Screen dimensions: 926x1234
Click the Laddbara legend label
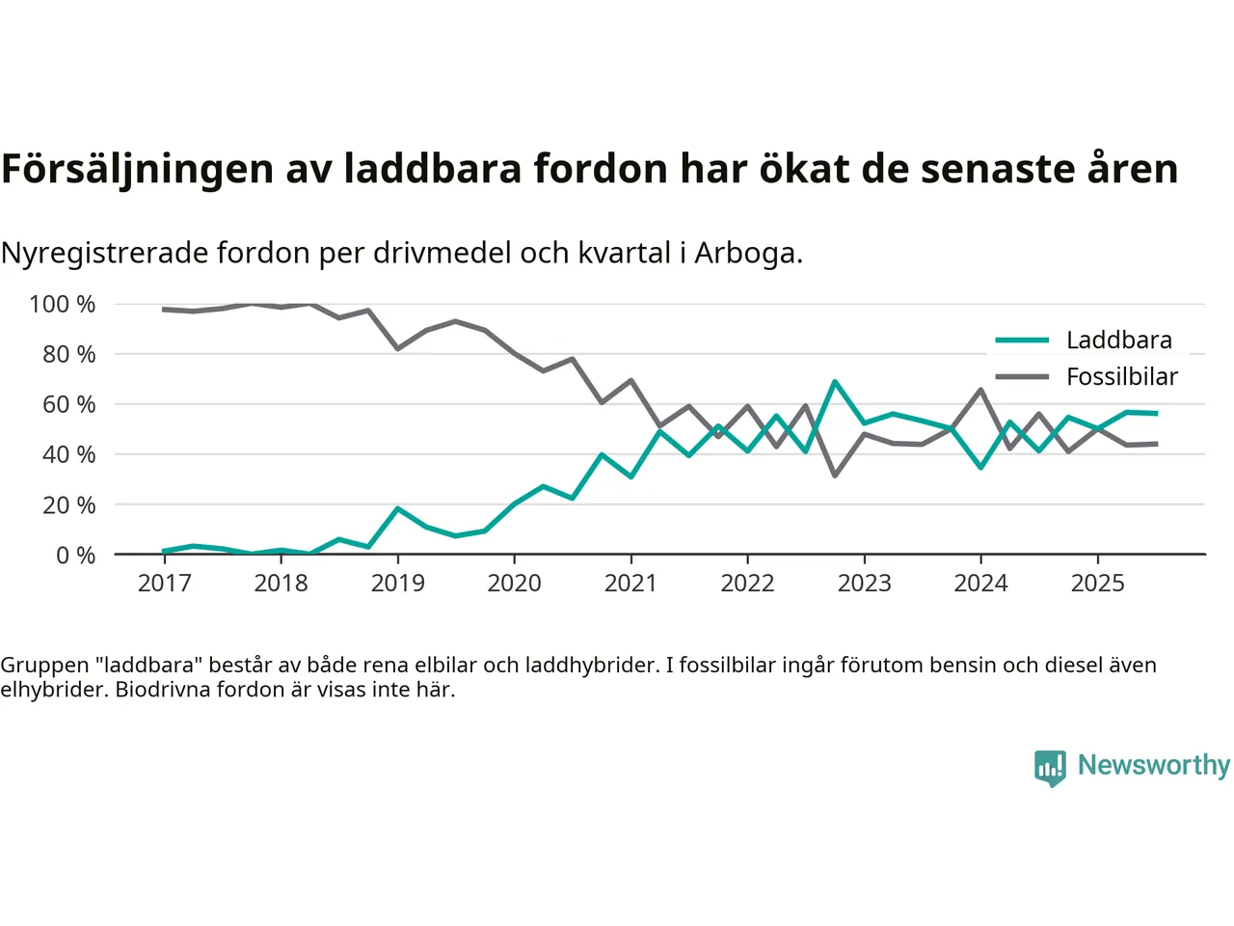click(1118, 340)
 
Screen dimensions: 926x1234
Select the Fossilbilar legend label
click(1121, 377)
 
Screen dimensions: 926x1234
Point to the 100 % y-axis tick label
click(63, 305)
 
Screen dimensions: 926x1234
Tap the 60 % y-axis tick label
click(68, 405)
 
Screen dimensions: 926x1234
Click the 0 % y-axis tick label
click(75, 556)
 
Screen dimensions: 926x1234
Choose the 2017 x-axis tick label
click(164, 584)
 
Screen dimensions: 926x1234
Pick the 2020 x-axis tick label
click(514, 584)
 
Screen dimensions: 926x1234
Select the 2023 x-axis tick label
click(864, 584)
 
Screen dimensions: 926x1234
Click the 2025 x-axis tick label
click(1097, 584)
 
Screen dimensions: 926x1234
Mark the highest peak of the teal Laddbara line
click(835, 382)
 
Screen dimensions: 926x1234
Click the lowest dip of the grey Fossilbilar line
click(835, 476)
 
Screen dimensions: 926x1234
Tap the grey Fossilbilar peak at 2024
click(980, 390)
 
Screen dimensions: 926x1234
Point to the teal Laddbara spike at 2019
click(397, 508)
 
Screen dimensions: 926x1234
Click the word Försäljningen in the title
click(137, 169)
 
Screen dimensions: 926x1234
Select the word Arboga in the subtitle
click(748, 253)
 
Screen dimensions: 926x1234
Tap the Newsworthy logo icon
click(1050, 768)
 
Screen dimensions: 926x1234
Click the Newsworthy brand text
click(1153, 765)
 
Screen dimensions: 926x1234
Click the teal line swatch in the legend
click(1022, 340)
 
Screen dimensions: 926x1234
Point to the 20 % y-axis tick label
click(68, 505)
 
